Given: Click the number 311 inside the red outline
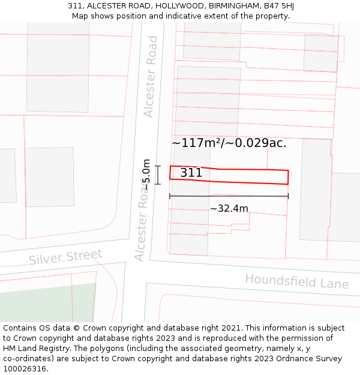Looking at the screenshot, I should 191,173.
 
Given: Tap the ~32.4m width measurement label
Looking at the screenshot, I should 229,209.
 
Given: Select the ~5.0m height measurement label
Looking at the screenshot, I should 146,175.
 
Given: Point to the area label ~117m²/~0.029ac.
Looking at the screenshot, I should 229,143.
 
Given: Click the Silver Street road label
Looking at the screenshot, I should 65,257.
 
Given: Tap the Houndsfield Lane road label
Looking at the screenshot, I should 296,281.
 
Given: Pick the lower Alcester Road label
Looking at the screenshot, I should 142,223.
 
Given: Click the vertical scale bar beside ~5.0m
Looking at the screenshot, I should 158,175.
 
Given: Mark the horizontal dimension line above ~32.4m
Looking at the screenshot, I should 229,196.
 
